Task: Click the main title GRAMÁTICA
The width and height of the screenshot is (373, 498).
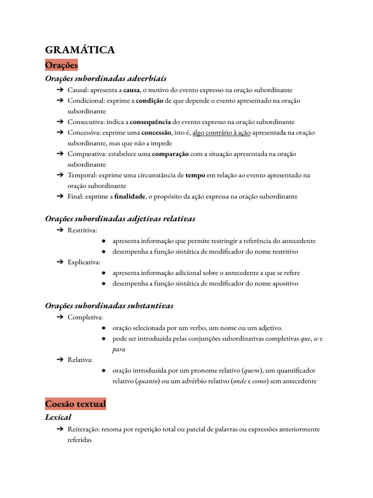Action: [80, 50]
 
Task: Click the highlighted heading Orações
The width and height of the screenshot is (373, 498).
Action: [61, 65]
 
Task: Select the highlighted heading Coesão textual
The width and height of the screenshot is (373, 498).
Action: [75, 404]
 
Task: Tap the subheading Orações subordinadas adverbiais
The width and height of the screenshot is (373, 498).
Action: [105, 78]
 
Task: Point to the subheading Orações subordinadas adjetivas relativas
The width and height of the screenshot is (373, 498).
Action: [120, 219]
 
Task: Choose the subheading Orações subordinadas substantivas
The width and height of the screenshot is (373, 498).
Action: [109, 305]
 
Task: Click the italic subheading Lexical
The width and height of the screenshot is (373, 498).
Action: [58, 417]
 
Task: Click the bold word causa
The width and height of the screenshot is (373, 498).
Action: [132, 90]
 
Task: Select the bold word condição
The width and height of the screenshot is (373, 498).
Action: [149, 101]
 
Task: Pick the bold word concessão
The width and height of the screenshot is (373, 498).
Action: [156, 133]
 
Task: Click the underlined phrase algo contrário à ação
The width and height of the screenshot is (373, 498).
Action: [221, 133]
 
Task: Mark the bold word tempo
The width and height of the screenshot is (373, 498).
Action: [195, 175]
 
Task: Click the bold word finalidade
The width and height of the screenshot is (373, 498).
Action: [130, 196]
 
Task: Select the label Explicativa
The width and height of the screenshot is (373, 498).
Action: [84, 262]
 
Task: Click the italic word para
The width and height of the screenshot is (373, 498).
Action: [119, 349]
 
